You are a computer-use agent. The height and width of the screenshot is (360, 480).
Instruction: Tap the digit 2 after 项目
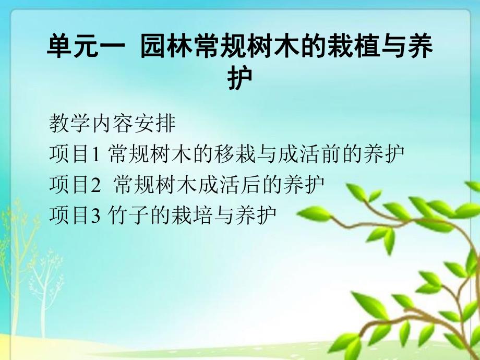[95, 185]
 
